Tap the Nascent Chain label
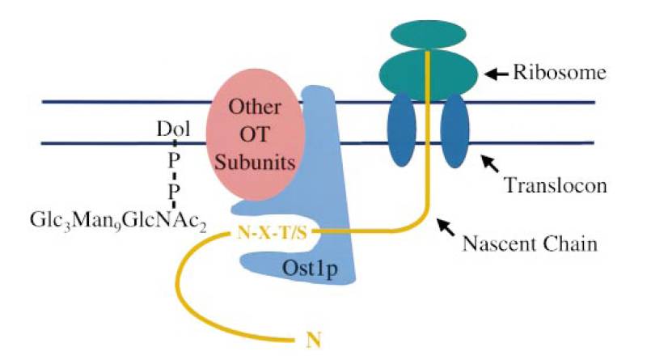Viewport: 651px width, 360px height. pyautogui.click(x=537, y=242)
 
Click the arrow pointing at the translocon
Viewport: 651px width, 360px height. pyautogui.click(x=490, y=162)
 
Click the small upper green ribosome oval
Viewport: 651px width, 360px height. pyautogui.click(x=426, y=33)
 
